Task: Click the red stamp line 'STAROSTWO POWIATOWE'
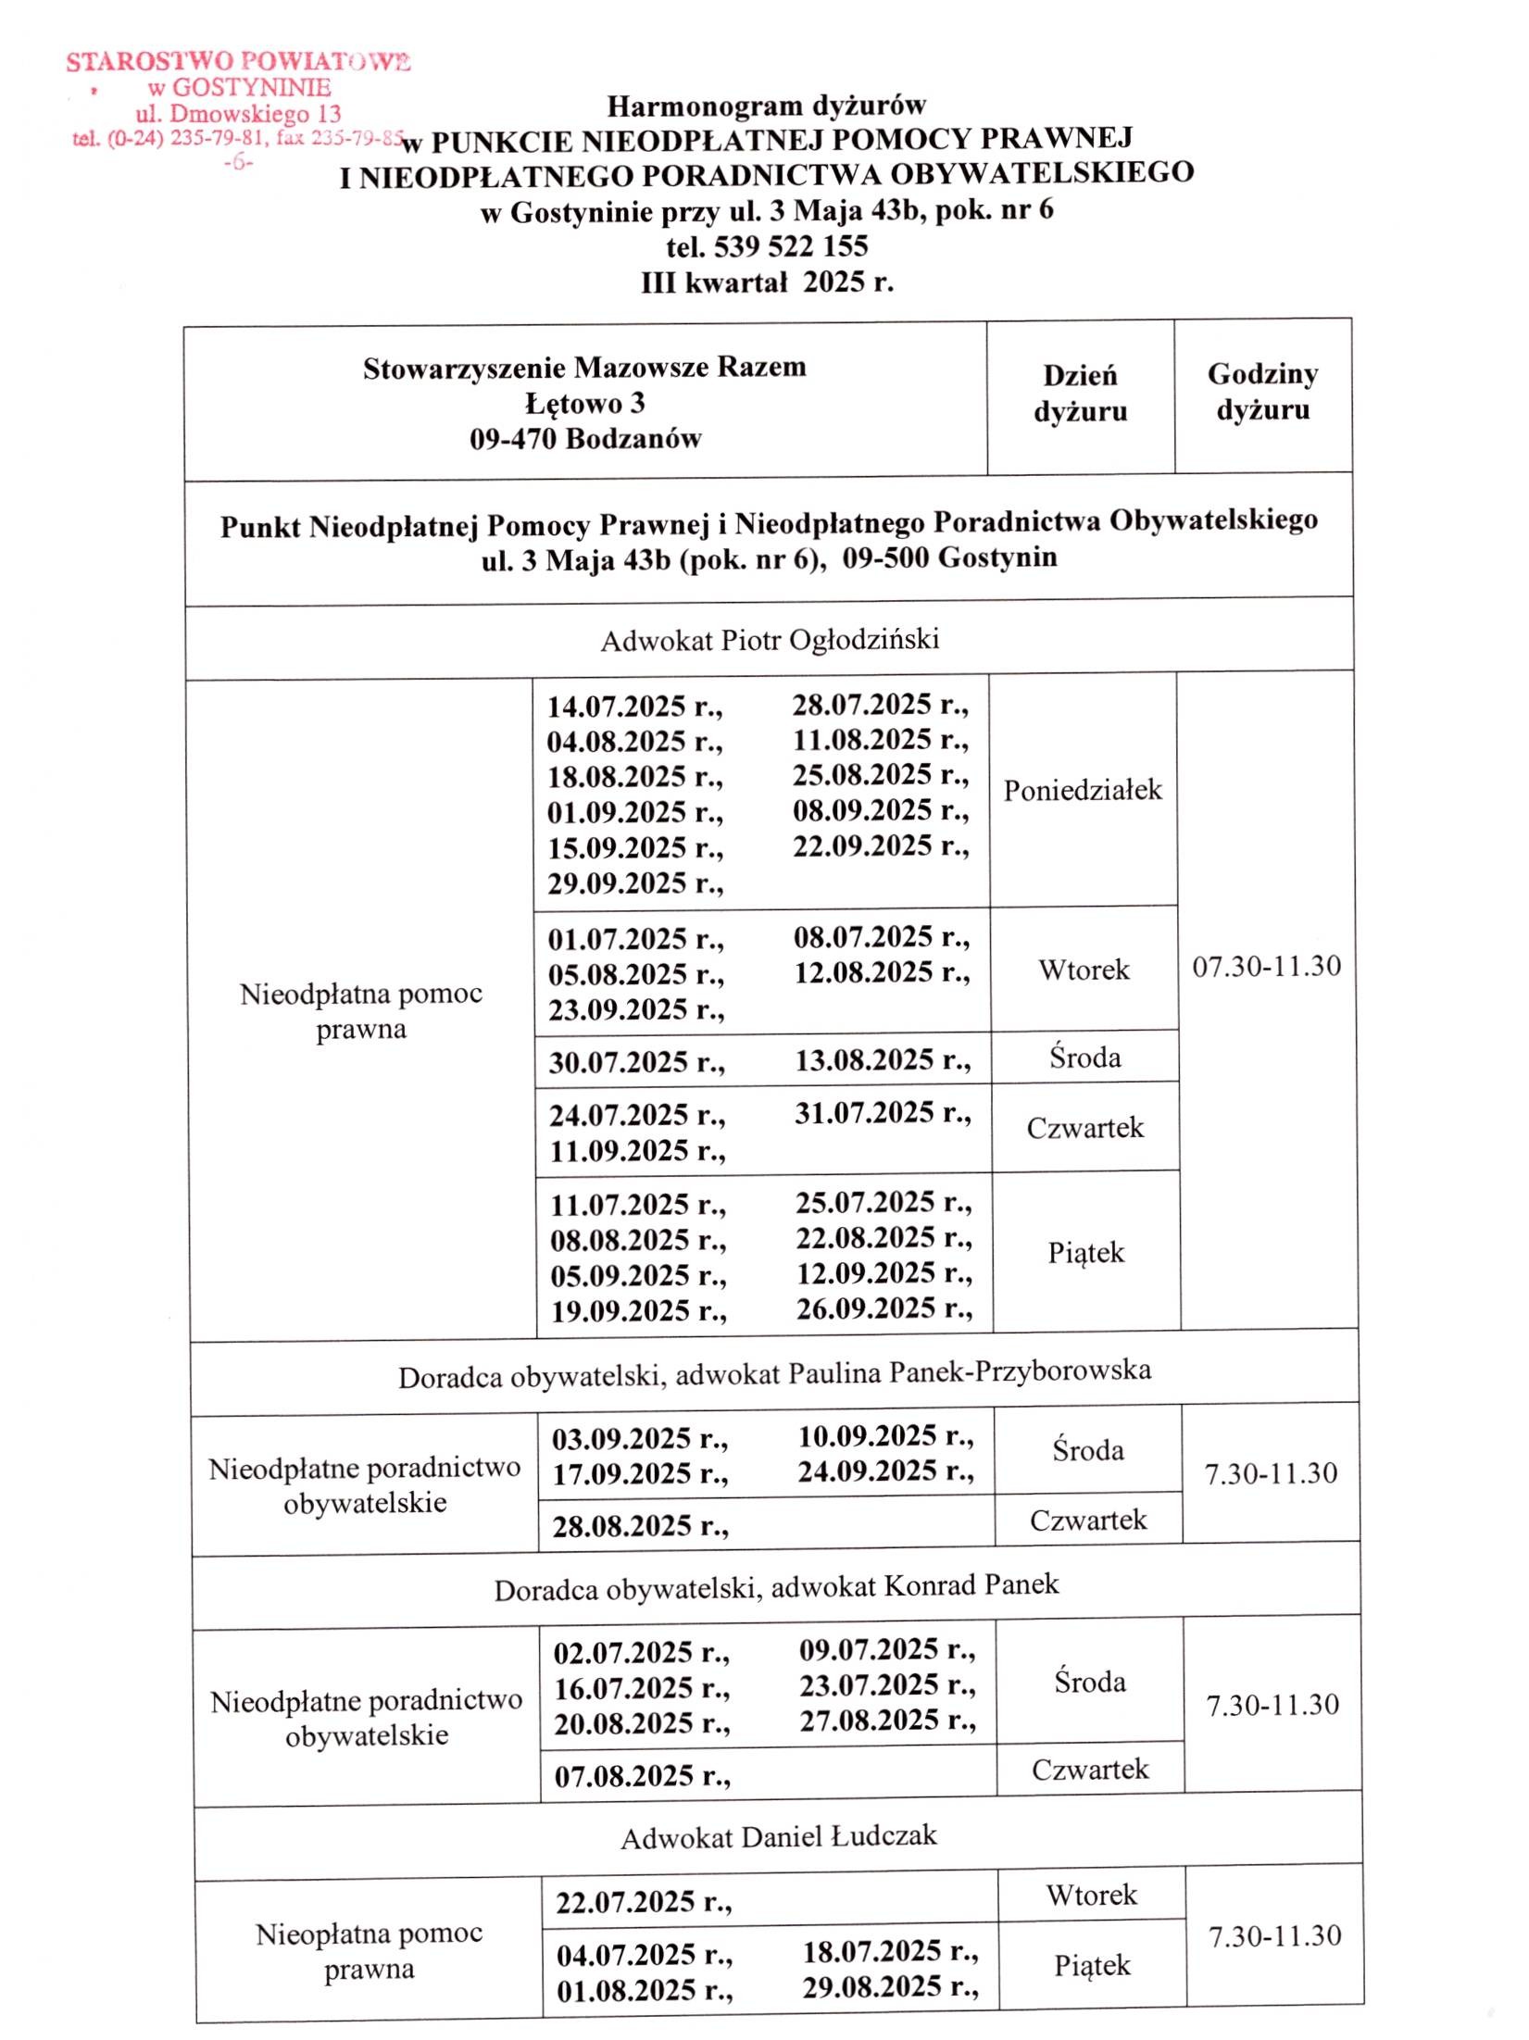(238, 62)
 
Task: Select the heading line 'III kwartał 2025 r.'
(767, 282)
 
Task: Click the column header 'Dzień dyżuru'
(1080, 394)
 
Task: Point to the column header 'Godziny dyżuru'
(1262, 392)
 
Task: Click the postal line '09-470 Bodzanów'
(585, 439)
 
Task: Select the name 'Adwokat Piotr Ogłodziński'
(770, 640)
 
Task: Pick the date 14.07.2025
(634, 707)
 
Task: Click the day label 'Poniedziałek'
(1083, 790)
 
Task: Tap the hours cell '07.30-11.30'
(1266, 967)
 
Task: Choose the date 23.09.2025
(636, 1010)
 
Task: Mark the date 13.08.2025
(883, 1060)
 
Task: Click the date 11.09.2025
(637, 1151)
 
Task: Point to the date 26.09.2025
(884, 1308)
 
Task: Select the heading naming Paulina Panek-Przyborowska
(774, 1373)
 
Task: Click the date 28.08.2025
(640, 1526)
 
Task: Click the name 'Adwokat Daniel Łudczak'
(779, 1837)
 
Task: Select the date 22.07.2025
(644, 1902)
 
